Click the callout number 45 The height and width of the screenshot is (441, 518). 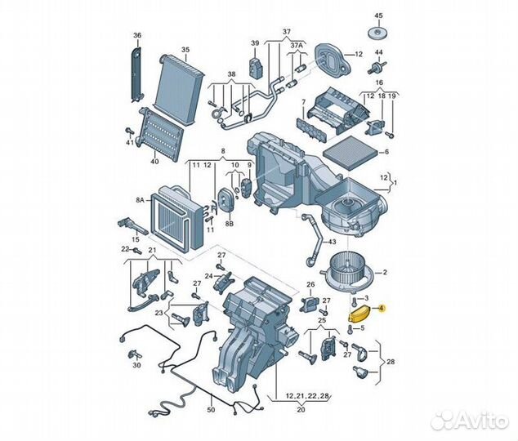tap(378, 16)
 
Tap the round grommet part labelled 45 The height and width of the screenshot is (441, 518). tap(378, 32)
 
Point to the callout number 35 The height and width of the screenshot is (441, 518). tap(185, 50)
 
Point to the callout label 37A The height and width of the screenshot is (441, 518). tap(297, 45)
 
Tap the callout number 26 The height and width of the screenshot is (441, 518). tap(310, 285)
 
